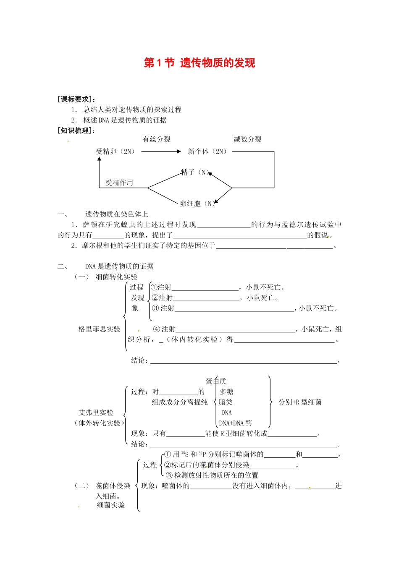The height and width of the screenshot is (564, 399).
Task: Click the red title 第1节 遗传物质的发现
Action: point(199,63)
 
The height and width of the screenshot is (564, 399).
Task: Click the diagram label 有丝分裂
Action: point(157,139)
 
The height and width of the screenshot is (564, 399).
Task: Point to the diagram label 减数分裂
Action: point(247,139)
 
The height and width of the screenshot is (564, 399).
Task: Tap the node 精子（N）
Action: point(195,172)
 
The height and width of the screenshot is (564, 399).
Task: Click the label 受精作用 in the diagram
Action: point(119,183)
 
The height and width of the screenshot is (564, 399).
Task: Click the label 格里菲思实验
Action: point(100,329)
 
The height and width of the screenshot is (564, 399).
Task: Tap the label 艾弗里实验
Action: point(96,413)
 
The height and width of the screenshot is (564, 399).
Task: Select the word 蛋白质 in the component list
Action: point(216,381)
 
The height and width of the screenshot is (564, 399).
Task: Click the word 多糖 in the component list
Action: point(226,392)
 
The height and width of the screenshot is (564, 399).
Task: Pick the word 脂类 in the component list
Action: point(226,402)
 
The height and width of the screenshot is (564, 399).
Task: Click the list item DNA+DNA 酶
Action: point(236,423)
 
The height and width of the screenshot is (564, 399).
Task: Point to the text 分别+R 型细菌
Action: point(300,402)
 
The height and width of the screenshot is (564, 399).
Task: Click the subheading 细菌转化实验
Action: point(116,277)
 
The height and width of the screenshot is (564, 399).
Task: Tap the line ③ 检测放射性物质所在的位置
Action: point(212,475)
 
